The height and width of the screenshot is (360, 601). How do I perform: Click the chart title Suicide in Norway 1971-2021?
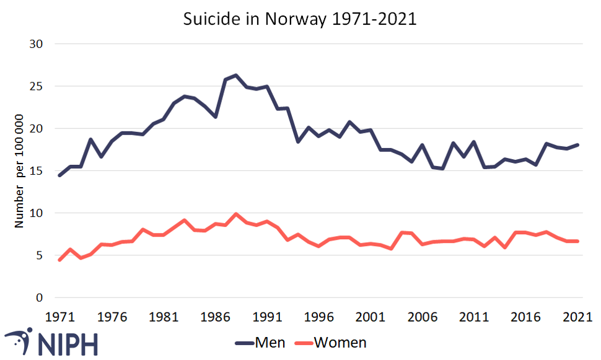pyautogui.click(x=300, y=19)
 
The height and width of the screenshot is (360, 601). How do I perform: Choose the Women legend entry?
pyautogui.click(x=340, y=343)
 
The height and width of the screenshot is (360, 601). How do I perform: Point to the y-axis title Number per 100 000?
pyautogui.click(x=20, y=171)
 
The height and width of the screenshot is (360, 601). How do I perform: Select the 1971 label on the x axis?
pyautogui.click(x=60, y=316)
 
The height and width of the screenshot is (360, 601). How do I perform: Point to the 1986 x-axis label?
pyautogui.click(x=215, y=316)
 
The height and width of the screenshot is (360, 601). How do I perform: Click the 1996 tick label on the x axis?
pyautogui.click(x=318, y=316)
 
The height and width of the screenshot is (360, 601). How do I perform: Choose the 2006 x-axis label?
pyautogui.click(x=422, y=316)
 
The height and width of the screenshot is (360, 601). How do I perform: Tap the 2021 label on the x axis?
pyautogui.click(x=577, y=316)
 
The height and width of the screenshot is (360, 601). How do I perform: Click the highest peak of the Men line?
pyautogui.click(x=236, y=76)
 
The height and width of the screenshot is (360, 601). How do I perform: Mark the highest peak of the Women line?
pyautogui.click(x=236, y=214)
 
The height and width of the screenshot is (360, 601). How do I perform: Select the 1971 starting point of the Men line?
pyautogui.click(x=60, y=175)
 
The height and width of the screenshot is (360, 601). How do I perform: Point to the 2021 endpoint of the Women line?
pyautogui.click(x=577, y=241)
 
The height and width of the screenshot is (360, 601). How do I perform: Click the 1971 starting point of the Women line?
pyautogui.click(x=60, y=260)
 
